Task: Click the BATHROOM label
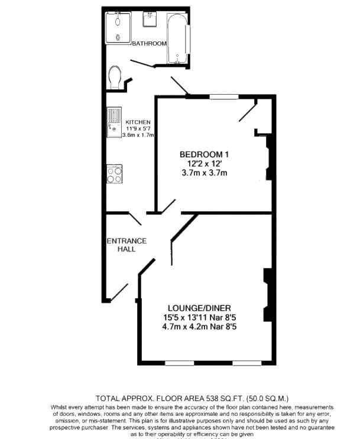coord(149,44)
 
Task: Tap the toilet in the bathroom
coord(116,77)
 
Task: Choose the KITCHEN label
coord(138,122)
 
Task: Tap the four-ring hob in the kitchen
coord(115,174)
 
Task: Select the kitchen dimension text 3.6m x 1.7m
coord(138,135)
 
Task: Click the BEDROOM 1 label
coord(204,154)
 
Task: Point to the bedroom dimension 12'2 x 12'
coord(204,164)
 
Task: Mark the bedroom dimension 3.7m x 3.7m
coord(204,173)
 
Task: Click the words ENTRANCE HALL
coord(127,245)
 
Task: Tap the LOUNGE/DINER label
coord(203,308)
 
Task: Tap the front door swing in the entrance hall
coord(119,292)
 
